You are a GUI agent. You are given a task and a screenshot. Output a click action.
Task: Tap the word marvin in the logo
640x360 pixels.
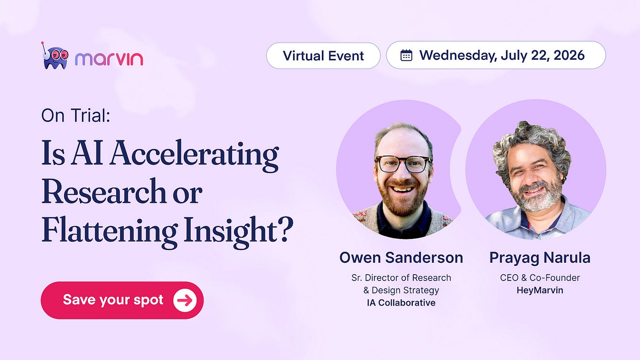coord(109,59)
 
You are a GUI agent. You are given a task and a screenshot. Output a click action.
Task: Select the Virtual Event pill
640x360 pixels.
coord(323,56)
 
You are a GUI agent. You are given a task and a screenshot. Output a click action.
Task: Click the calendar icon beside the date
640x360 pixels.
coord(406,55)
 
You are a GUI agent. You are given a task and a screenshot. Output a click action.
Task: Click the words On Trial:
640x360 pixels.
coord(76,115)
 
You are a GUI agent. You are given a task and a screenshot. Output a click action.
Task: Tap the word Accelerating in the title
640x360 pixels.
coord(194,155)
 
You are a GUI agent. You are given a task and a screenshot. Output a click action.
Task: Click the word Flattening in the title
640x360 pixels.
coord(110,232)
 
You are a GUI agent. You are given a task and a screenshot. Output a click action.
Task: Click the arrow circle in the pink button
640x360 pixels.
coord(185,300)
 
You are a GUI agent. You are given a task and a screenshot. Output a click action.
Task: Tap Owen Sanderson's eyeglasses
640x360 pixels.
coord(404,164)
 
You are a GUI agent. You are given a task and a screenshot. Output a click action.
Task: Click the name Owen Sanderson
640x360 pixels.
coord(401,258)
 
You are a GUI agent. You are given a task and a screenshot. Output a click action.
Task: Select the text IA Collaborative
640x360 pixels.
coord(401,302)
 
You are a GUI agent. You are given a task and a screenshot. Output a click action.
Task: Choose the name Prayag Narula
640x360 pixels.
coord(540,258)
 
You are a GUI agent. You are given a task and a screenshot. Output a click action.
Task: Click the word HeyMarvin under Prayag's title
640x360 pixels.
coord(540,291)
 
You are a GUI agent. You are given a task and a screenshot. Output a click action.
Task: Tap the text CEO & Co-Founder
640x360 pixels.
coord(540,277)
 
